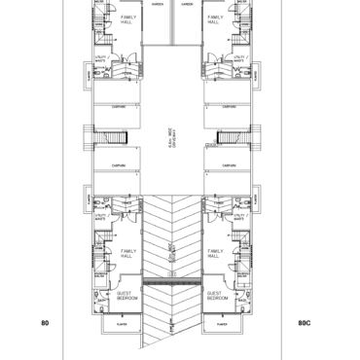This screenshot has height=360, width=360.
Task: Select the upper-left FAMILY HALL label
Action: (128, 20)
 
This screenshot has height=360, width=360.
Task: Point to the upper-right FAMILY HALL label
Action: (214, 20)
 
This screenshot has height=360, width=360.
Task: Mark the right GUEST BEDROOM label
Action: (215, 296)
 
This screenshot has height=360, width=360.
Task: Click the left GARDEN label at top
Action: (157, 4)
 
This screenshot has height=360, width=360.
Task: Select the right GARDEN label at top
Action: (186, 4)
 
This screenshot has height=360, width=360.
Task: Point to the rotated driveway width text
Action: (171, 144)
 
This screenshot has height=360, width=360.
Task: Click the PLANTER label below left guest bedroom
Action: (124, 322)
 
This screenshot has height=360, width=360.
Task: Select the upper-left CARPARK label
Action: (118, 106)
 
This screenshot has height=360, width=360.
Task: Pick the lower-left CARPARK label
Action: (118, 166)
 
